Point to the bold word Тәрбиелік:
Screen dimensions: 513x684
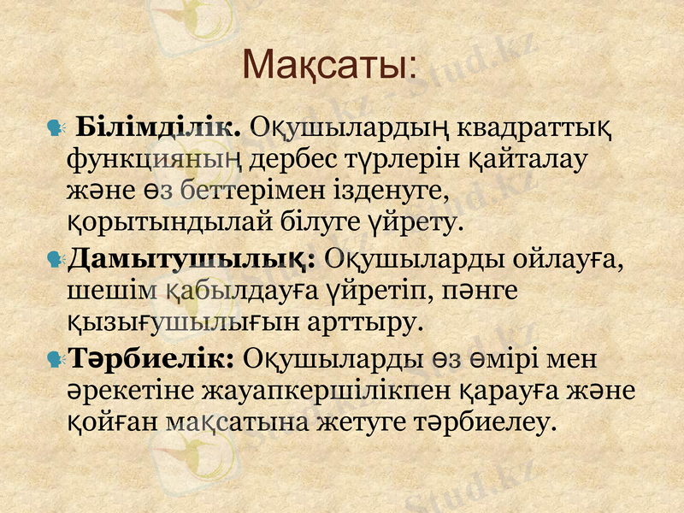click(151, 357)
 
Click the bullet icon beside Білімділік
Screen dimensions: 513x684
click(56, 130)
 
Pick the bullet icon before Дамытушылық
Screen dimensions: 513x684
click(56, 258)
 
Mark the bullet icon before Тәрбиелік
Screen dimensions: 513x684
click(56, 358)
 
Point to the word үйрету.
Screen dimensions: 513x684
click(417, 224)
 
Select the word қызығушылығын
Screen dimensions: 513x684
click(158, 323)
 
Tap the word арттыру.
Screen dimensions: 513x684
click(370, 323)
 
